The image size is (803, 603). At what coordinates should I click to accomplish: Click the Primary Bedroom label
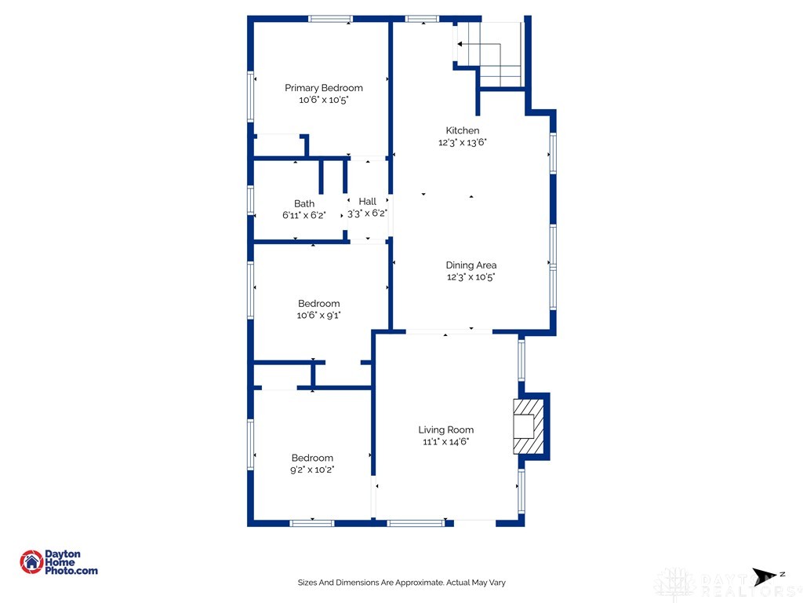tap(324, 88)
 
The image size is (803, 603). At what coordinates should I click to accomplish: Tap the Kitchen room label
tap(463, 130)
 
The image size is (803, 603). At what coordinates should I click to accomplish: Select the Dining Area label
tap(471, 265)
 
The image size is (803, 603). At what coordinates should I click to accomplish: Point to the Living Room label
tap(446, 429)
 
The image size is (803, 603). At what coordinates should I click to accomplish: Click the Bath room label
tap(304, 203)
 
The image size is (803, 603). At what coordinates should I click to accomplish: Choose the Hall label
tap(367, 202)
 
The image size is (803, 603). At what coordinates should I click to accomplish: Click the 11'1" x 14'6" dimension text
tap(446, 441)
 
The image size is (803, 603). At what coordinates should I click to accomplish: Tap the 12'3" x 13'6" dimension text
tap(463, 143)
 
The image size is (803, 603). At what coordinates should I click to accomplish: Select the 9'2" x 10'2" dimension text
tap(312, 470)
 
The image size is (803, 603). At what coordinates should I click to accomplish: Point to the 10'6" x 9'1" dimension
tap(318, 316)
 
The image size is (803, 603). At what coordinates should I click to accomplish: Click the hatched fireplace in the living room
tap(528, 426)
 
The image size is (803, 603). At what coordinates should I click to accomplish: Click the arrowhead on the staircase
tap(460, 44)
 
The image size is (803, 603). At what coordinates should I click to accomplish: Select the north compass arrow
tap(764, 576)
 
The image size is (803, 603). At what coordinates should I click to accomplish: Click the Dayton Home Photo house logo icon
tap(31, 562)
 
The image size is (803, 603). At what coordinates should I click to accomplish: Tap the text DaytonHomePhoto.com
tap(71, 562)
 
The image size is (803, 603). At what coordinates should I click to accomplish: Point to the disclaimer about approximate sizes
tap(401, 583)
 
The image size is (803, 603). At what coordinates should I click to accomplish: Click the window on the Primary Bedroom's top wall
tap(330, 19)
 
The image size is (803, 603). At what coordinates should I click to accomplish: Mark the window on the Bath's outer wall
tap(250, 200)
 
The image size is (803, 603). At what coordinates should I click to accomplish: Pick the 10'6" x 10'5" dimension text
tap(324, 100)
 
